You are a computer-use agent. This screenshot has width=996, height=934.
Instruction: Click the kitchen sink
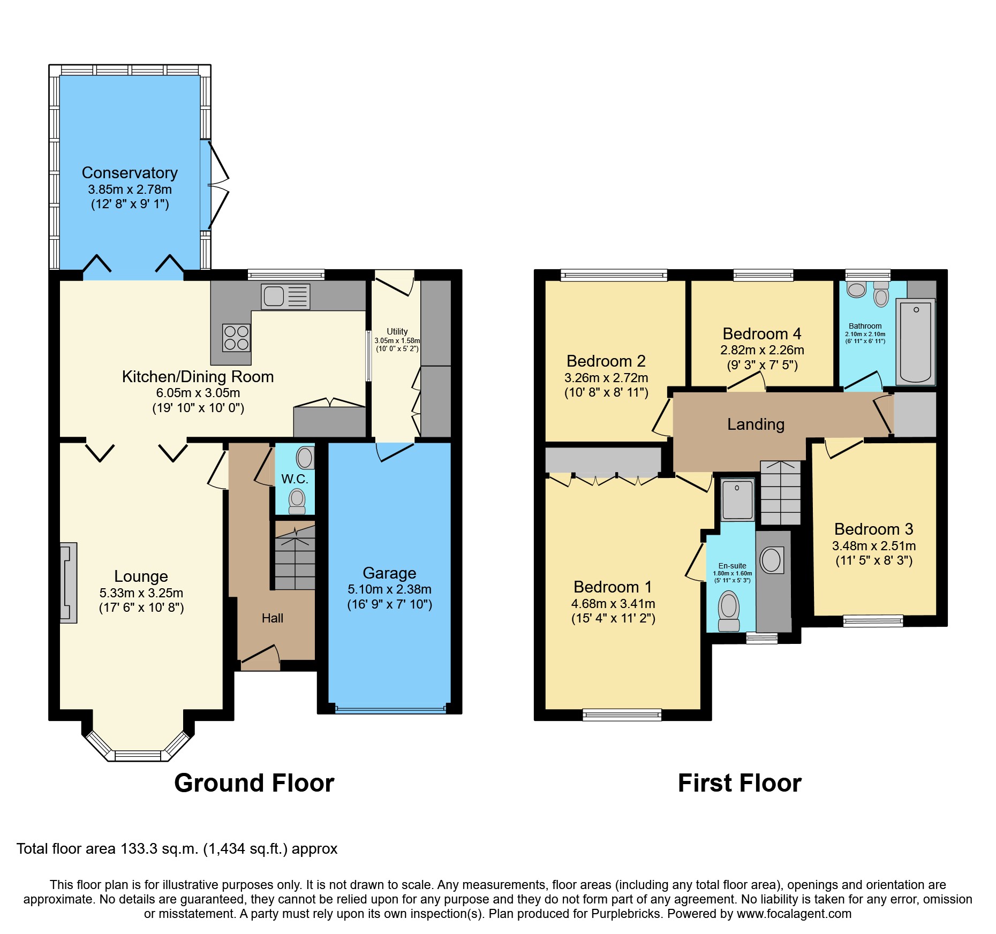pos(285,296)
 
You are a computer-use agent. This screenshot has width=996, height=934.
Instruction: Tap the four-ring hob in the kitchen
pos(236,338)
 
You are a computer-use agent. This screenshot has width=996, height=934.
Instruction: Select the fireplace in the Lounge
pos(69,583)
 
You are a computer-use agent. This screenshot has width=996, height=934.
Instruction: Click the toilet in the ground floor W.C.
pos(297,501)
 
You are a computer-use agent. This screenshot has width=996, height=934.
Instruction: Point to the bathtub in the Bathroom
pos(915,343)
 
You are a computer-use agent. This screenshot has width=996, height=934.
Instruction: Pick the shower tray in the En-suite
pos(737,500)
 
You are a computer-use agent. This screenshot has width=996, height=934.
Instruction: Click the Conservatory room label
pos(130,173)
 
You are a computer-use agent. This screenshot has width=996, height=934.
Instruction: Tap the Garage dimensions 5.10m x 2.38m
pos(389,589)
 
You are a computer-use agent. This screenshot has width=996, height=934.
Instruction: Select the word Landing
pos(756,424)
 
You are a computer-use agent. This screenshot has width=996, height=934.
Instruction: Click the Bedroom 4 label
pos(761,334)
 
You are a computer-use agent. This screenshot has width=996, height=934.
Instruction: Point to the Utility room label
pos(397,331)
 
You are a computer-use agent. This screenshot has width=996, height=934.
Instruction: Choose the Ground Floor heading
pos(254,783)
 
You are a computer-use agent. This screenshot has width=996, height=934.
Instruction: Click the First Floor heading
pos(740,783)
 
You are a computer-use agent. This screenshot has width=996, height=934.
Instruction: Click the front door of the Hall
pos(260,657)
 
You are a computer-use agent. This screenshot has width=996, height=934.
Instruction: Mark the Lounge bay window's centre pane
pos(138,756)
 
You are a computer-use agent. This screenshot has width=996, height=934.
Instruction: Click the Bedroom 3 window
pos(873,621)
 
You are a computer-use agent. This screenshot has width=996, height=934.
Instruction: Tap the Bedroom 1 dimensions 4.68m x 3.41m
pos(613,604)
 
